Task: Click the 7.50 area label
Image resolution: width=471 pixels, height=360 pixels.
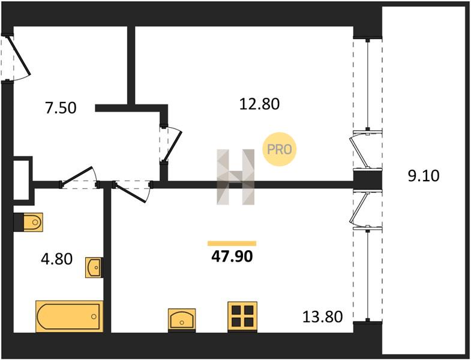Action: (61, 108)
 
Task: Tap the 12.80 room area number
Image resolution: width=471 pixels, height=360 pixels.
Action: (260, 104)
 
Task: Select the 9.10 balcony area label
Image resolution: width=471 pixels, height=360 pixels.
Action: (424, 176)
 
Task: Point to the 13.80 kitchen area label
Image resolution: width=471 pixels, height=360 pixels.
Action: (322, 317)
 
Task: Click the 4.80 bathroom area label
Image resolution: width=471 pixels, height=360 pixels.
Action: (57, 259)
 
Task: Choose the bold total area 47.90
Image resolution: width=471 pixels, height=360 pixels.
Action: (232, 257)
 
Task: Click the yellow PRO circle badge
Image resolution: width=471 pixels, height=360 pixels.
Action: (280, 149)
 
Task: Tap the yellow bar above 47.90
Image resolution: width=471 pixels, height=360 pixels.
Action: (232, 244)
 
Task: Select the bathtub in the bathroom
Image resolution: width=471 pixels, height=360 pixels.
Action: (70, 316)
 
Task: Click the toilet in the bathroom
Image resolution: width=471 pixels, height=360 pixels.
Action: (29, 223)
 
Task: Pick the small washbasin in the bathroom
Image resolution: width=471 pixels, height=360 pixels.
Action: (94, 268)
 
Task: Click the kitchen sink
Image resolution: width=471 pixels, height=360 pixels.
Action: (182, 320)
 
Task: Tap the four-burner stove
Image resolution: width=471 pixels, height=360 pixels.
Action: (242, 317)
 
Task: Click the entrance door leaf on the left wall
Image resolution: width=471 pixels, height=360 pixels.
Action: (19, 55)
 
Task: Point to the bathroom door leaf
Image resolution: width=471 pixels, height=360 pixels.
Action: (77, 175)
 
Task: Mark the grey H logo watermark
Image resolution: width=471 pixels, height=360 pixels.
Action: (236, 177)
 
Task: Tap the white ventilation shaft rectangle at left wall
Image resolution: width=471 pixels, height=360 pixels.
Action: (21, 179)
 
